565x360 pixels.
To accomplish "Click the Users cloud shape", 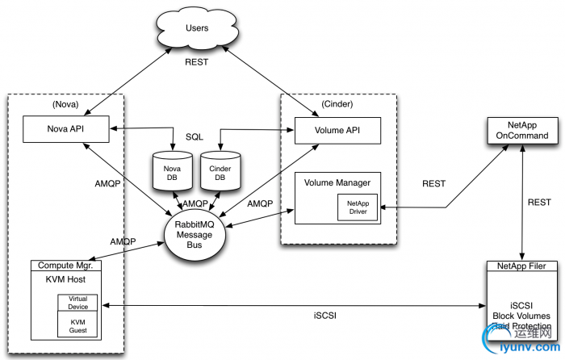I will click(x=197, y=29).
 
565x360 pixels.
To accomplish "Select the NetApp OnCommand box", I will click(x=522, y=130).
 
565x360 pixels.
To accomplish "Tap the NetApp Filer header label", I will click(x=522, y=265).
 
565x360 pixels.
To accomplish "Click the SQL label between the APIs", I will click(x=195, y=137).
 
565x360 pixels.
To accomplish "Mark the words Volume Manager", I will click(x=329, y=182).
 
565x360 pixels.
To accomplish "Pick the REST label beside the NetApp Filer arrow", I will click(x=540, y=202).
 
